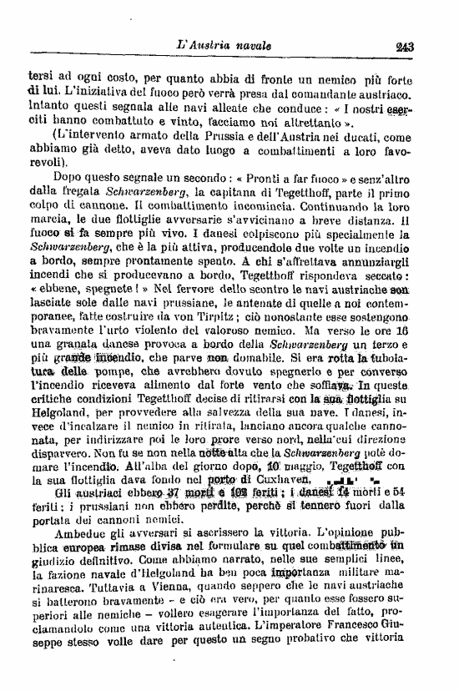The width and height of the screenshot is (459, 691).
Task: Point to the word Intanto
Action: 48,107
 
